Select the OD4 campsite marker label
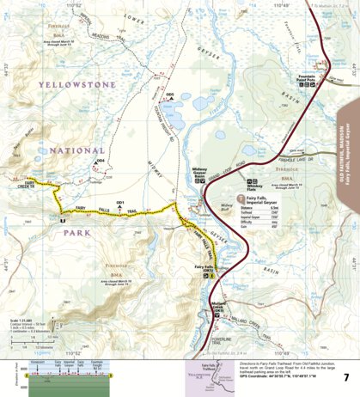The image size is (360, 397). click(101, 160)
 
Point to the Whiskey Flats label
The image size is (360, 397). click(254, 189)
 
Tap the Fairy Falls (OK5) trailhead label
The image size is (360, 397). click(204, 268)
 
